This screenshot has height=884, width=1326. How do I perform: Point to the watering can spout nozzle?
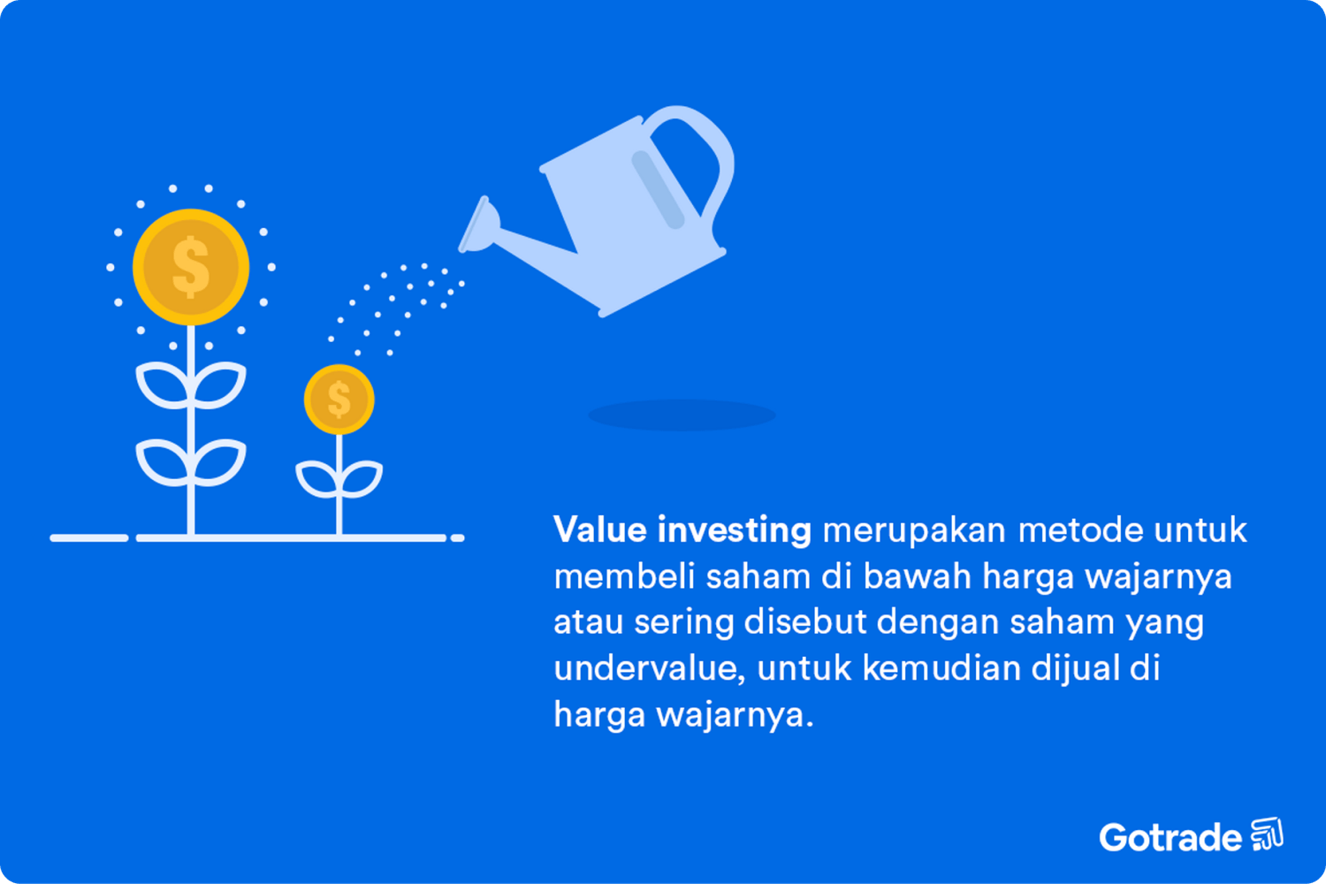click(478, 225)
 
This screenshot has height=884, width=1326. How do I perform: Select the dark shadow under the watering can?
click(681, 415)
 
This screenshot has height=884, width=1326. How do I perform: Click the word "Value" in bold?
click(600, 530)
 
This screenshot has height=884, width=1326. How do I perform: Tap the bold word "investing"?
click(734, 530)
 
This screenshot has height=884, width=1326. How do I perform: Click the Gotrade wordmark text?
click(1170, 837)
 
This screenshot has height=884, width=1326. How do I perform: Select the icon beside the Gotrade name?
click(1267, 834)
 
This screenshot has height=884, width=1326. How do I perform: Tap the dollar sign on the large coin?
click(191, 267)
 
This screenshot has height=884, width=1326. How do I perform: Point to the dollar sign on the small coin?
click(339, 400)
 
